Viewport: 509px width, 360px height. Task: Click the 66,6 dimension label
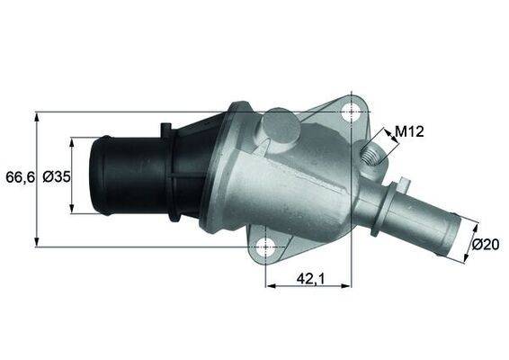tap(18, 177)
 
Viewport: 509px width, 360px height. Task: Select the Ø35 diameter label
tap(56, 177)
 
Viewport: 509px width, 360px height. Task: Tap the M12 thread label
tap(409, 132)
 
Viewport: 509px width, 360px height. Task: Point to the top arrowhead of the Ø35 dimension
tap(73, 141)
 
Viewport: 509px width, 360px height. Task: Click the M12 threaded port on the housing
tap(371, 158)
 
